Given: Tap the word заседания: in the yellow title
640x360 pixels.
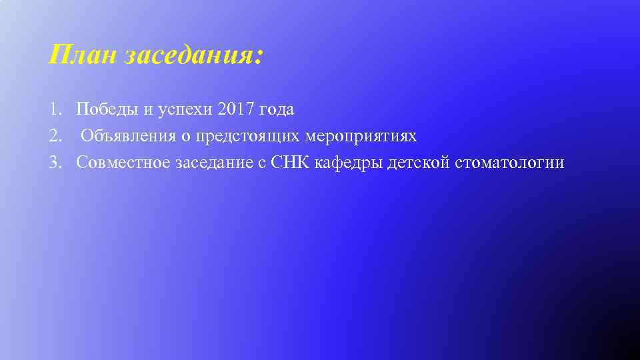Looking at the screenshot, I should [194, 56].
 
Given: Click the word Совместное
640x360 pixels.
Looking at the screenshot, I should [123, 163].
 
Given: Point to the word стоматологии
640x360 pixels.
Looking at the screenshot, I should [510, 163].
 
